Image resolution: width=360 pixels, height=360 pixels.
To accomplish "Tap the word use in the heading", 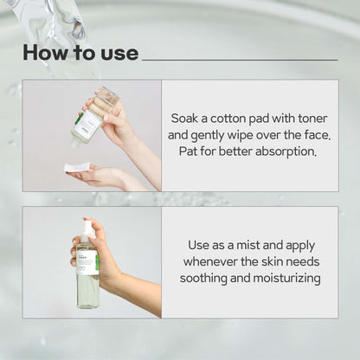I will tap(118, 54).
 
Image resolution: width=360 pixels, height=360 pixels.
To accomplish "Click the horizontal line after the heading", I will tap(239, 60).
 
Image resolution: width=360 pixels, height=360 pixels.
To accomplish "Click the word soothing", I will tap(204, 278).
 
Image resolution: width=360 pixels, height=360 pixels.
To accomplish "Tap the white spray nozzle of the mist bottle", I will tap(87, 229).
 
